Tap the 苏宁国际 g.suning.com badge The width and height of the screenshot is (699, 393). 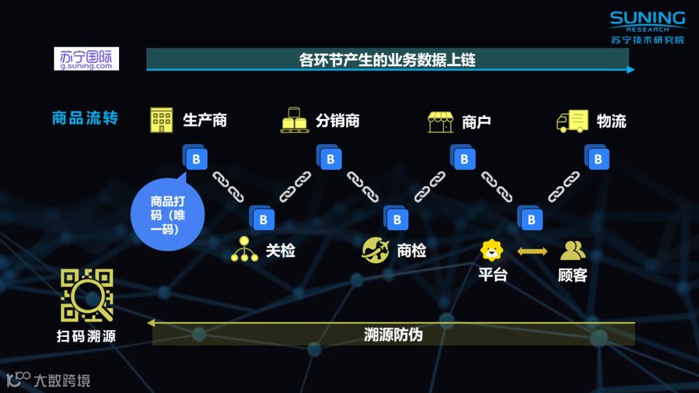86,59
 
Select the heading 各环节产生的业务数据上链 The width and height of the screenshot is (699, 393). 387,60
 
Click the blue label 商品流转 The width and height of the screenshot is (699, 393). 85,118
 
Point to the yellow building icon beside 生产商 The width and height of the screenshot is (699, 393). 161,120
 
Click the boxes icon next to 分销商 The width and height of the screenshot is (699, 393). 294,120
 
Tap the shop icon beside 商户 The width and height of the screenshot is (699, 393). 440,121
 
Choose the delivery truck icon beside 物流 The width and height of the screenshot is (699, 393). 572,121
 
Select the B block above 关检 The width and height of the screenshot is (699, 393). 262,219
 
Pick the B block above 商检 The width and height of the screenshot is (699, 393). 396,219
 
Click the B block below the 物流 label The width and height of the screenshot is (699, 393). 597,158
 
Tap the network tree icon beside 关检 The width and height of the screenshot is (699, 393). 244,250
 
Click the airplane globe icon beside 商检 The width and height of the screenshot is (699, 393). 375,250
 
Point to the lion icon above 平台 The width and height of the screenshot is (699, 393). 492,250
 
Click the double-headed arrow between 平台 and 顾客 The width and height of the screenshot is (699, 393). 532,250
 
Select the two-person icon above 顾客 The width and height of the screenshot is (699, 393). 572,250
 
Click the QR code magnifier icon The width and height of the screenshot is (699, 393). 87,295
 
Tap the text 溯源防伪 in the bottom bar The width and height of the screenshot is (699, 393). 393,334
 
